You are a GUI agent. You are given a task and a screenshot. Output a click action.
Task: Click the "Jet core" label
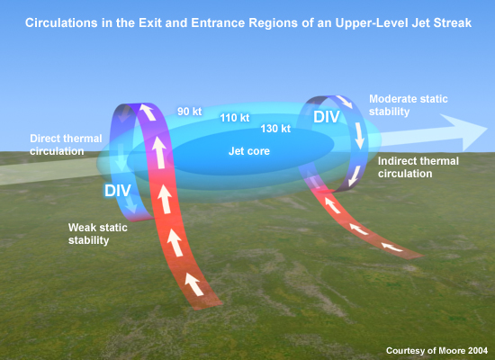click(x=249, y=151)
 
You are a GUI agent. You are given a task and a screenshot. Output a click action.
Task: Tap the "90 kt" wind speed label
click(x=189, y=112)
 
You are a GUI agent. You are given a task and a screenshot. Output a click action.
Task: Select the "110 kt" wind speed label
click(x=235, y=118)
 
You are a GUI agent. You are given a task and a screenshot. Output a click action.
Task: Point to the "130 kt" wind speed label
click(x=275, y=129)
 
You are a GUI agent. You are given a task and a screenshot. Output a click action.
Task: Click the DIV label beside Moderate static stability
click(x=327, y=117)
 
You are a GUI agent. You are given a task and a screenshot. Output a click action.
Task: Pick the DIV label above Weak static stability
click(x=117, y=191)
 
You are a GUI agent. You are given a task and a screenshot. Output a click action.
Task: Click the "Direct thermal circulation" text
click(x=66, y=145)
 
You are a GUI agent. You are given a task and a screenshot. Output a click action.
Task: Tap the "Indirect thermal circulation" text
click(x=418, y=167)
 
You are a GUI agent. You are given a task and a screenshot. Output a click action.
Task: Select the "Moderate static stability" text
click(x=409, y=105)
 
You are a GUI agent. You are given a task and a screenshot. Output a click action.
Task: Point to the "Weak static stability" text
click(x=97, y=234)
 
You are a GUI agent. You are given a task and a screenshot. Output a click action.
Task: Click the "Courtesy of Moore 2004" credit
click(x=436, y=350)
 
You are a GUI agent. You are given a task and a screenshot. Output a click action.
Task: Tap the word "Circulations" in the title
click(x=61, y=23)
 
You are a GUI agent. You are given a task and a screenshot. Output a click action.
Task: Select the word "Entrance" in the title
click(x=219, y=23)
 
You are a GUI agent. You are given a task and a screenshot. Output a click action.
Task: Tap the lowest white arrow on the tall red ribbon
click(x=194, y=284)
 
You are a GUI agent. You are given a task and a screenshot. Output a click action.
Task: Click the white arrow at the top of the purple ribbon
click(x=148, y=112)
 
